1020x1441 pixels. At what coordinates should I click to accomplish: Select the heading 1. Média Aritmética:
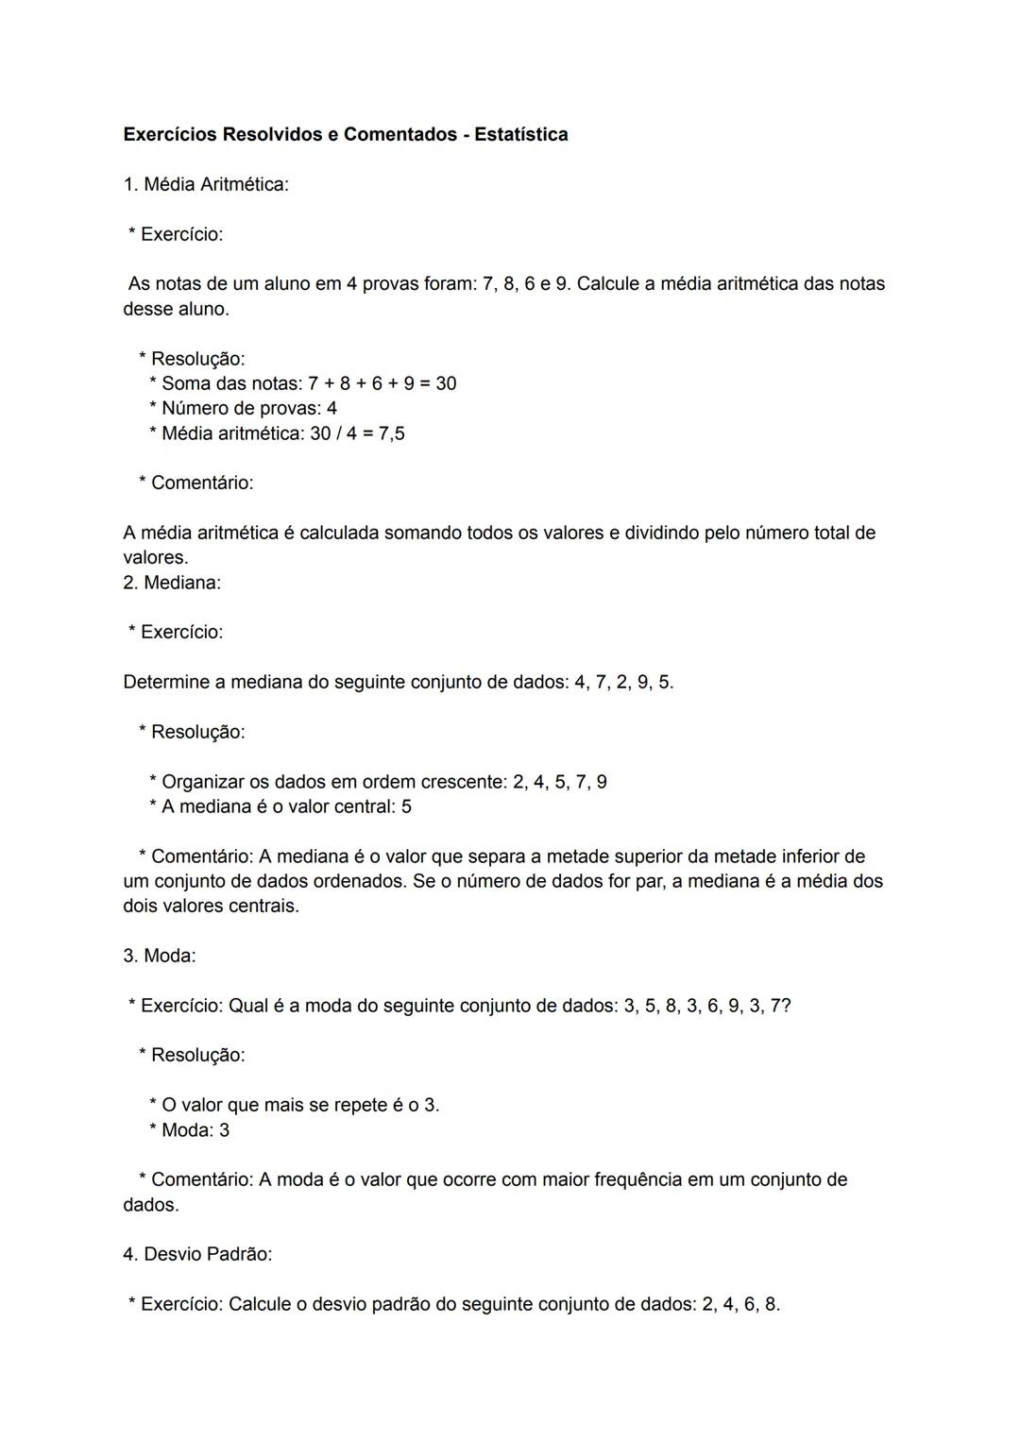(206, 184)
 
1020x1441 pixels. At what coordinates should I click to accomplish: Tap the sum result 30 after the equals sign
(446, 383)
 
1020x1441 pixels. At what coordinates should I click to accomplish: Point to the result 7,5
(391, 433)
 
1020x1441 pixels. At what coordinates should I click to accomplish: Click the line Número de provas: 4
(248, 408)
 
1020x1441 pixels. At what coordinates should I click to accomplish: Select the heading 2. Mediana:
(172, 583)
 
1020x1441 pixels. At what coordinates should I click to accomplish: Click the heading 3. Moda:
(160, 956)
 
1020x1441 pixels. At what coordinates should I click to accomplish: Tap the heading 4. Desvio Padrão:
(197, 1254)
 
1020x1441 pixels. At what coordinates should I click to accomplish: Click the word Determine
(165, 682)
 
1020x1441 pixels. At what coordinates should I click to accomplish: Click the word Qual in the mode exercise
(248, 1006)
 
